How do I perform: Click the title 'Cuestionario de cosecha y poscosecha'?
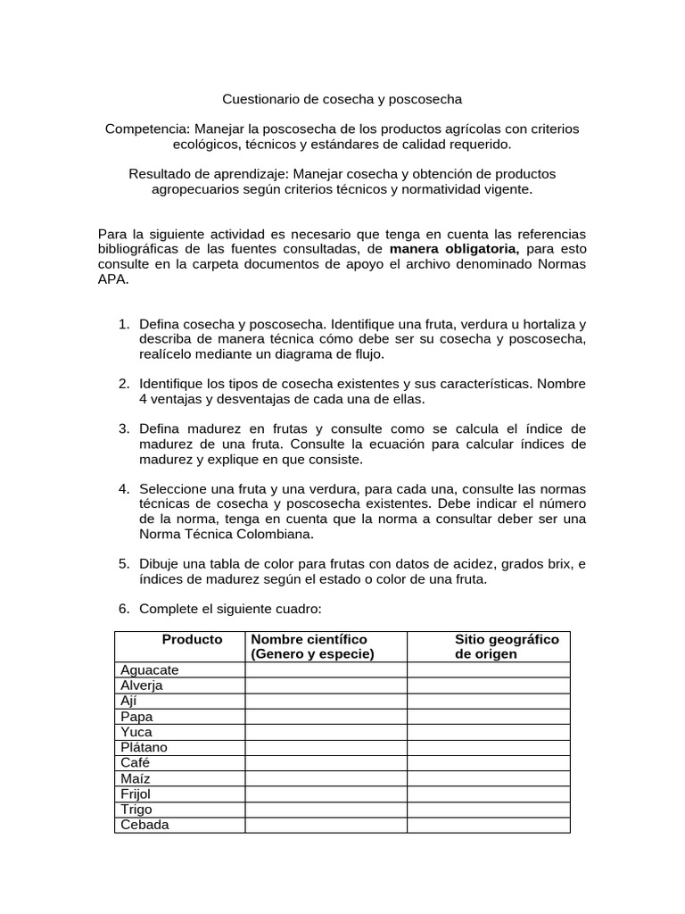pos(342,98)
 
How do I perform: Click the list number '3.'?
pos(125,429)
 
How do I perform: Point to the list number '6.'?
pos(125,609)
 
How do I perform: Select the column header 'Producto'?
pos(192,640)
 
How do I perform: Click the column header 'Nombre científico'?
pos(309,640)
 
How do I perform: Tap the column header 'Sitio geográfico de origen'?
pos(506,646)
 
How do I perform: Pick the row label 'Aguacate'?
pos(150,670)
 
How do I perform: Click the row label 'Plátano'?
pos(144,747)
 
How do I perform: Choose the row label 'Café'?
pos(136,762)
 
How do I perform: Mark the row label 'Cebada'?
pos(144,825)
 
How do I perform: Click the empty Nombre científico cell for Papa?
pos(326,717)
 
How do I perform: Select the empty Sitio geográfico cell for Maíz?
pos(488,778)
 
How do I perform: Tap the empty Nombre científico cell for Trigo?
pos(326,810)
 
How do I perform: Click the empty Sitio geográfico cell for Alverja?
pos(488,685)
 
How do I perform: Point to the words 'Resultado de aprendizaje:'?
pos(208,173)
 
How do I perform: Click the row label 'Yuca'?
pos(136,732)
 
